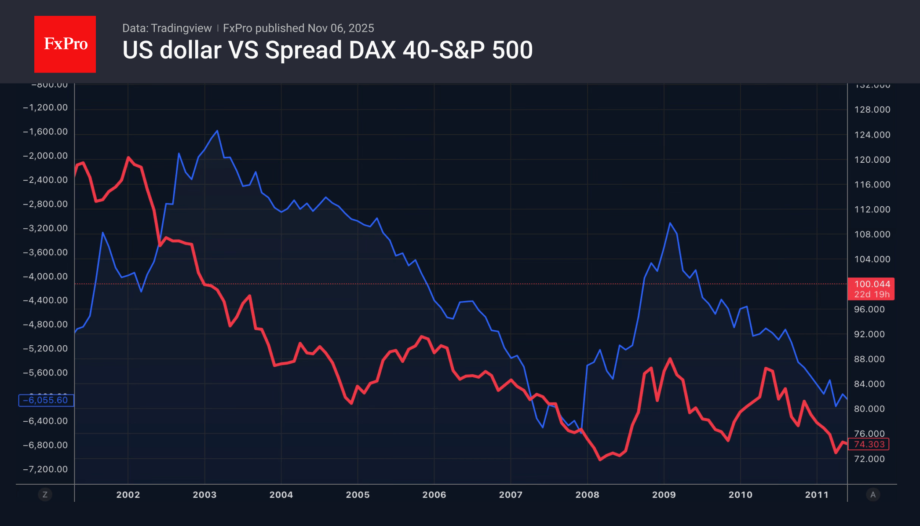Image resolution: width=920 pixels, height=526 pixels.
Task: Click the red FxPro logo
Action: click(x=65, y=44)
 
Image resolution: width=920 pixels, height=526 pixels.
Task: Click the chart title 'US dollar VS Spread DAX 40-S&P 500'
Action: click(x=327, y=50)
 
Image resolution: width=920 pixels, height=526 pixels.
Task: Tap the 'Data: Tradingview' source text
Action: click(x=167, y=28)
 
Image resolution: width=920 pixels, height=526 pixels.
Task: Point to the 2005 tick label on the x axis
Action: click(x=358, y=495)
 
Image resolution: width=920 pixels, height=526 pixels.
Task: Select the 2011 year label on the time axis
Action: click(x=817, y=495)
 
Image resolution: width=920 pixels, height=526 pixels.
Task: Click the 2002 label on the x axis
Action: click(x=128, y=495)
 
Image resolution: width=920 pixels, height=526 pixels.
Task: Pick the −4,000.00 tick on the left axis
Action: click(x=45, y=277)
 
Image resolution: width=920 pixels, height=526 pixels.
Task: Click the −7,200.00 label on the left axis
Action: click(x=45, y=469)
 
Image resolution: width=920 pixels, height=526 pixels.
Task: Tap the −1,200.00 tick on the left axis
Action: click(x=45, y=108)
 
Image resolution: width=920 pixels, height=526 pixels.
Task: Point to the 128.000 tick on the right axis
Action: click(x=872, y=110)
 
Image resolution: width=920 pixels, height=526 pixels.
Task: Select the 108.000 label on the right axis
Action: click(x=872, y=234)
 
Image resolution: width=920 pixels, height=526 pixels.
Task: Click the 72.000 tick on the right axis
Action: click(x=869, y=459)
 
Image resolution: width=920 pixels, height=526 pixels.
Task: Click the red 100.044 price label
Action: click(x=871, y=285)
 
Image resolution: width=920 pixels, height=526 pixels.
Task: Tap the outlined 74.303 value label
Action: click(x=869, y=445)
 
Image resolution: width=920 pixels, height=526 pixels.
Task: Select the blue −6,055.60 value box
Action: click(x=46, y=400)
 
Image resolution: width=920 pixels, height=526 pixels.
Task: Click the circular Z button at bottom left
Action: click(x=45, y=495)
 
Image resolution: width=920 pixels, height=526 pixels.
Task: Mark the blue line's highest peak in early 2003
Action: click(x=217, y=131)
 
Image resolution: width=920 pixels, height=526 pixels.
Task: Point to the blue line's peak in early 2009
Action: click(x=670, y=223)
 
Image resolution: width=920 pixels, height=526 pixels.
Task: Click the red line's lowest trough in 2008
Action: click(x=600, y=460)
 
